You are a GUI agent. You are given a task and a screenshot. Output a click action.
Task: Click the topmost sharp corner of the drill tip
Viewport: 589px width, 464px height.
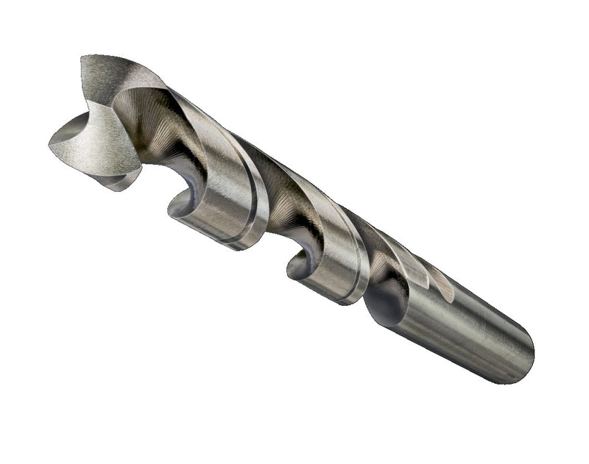pyautogui.click(x=82, y=57)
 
